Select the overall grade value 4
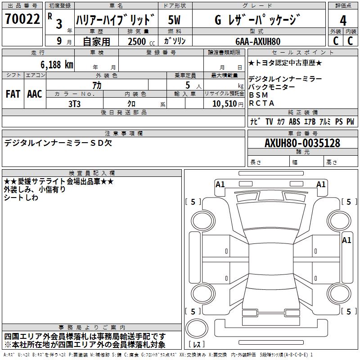pyautogui.click(x=343, y=21)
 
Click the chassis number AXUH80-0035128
pyautogui.click(x=302, y=144)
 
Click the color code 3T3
pyautogui.click(x=74, y=103)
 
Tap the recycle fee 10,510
pyautogui.click(x=224, y=103)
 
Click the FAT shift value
pyautogui.click(x=13, y=94)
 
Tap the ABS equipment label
pyautogui.click(x=294, y=121)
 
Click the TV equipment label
pyautogui.click(x=269, y=121)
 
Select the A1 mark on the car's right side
pyautogui.click(x=346, y=240)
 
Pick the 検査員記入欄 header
pyautogui.click(x=92, y=173)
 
